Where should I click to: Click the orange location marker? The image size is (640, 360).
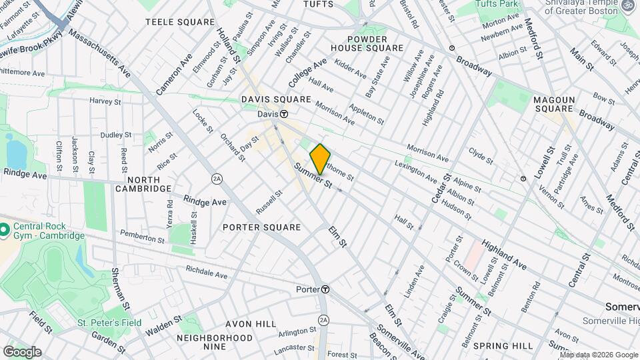[320, 159]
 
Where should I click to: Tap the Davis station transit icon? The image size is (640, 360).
[283, 114]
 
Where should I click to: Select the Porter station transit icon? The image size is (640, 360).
[325, 289]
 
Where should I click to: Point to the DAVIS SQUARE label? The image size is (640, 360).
[276, 99]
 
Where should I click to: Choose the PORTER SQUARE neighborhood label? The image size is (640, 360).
[261, 227]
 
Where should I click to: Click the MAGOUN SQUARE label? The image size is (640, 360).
[553, 104]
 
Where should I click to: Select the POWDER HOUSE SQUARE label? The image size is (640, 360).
[367, 43]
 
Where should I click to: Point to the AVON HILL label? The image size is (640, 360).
[251, 324]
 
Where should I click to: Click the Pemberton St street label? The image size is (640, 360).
[142, 236]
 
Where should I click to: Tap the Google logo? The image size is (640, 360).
[22, 351]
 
